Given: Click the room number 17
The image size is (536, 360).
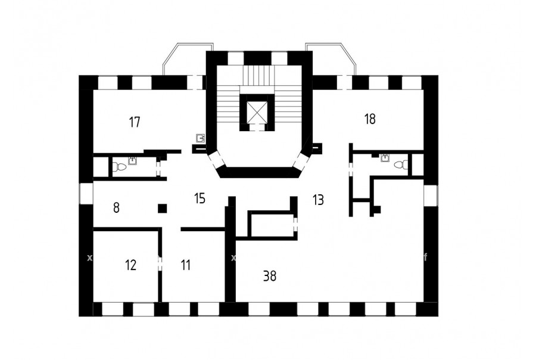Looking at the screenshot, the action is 135,122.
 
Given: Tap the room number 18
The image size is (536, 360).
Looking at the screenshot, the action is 370,119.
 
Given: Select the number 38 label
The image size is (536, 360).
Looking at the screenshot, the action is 270,276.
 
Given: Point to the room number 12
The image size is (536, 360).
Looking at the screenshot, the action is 130,265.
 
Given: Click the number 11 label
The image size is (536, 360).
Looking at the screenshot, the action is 185,265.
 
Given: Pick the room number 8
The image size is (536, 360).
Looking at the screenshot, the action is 117,208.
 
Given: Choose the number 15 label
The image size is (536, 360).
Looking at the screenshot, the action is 200,198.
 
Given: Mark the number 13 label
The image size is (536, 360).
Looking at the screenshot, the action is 318,200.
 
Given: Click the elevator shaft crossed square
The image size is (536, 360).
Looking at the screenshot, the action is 257,111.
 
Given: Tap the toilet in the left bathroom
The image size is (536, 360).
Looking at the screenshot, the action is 119,167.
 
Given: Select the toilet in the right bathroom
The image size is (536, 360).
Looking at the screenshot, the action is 401,165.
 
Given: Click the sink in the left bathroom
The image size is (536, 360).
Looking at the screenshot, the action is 132,160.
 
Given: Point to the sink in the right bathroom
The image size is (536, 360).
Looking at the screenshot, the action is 385,157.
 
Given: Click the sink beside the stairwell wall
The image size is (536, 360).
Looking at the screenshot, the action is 201,138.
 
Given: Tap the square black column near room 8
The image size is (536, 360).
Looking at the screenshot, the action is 163,208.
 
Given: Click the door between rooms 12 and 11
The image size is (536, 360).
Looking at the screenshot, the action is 160,263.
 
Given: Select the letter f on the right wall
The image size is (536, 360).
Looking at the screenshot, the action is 426,257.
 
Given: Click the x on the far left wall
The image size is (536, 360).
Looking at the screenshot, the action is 89,257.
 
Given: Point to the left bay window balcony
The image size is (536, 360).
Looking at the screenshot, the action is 188,59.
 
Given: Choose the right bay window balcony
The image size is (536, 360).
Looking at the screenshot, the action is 331,59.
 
